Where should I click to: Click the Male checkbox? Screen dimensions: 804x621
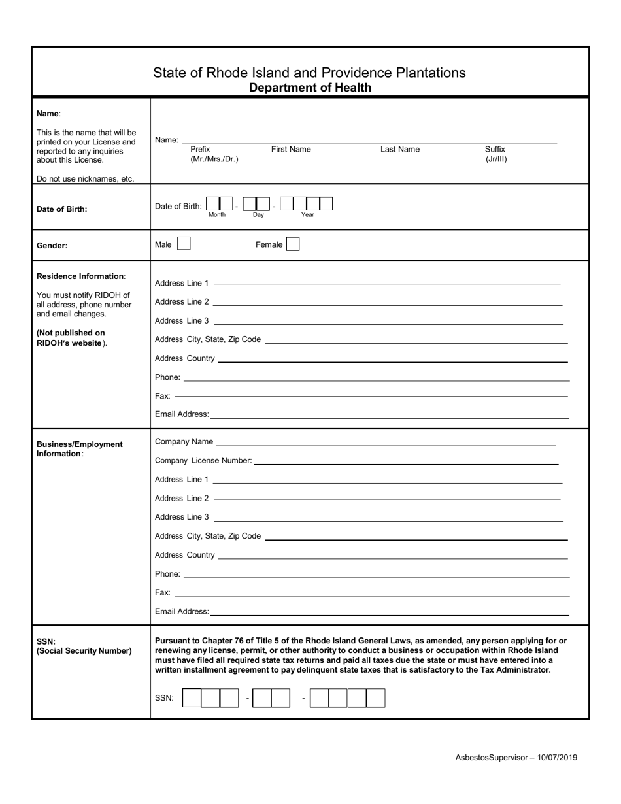click(184, 244)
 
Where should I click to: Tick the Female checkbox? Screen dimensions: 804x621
click(293, 244)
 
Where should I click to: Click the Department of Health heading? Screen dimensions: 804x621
click(310, 88)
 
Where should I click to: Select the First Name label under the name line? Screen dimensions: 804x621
click(291, 150)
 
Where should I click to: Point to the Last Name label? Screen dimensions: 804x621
click(400, 150)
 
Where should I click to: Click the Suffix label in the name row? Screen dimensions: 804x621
click(495, 150)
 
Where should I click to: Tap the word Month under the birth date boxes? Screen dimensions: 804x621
click(217, 215)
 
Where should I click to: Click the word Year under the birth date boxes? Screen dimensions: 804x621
click(307, 215)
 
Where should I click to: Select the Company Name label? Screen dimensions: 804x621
click(184, 442)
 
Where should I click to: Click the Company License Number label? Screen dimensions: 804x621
click(203, 461)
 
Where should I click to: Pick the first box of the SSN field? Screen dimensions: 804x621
click(192, 698)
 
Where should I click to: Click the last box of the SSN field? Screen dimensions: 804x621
click(376, 698)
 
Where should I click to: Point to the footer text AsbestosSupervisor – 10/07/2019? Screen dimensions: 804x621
click(516, 758)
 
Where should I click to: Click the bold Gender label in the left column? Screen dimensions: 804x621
click(52, 246)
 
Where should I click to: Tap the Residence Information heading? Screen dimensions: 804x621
click(80, 276)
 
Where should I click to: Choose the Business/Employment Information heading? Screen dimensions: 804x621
click(79, 449)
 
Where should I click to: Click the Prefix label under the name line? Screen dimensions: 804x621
click(200, 150)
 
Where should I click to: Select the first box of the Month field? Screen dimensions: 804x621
click(212, 204)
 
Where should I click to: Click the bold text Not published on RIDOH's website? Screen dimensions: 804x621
click(71, 338)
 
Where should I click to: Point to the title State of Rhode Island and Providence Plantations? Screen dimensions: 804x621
click(309, 73)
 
